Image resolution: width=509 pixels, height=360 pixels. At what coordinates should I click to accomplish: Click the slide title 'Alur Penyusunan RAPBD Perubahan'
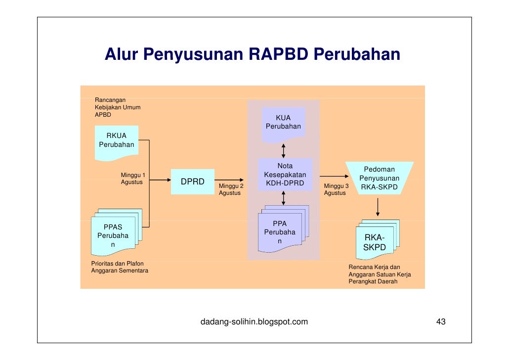pos(252,54)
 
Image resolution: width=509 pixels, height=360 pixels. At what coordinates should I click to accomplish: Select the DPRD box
pos(192,181)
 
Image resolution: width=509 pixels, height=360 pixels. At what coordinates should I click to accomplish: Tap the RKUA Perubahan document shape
pos(117,141)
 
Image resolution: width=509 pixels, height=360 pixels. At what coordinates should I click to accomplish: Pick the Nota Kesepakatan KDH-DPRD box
pos(285,175)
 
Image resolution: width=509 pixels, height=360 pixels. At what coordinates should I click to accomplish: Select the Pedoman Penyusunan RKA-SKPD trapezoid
pos(379,179)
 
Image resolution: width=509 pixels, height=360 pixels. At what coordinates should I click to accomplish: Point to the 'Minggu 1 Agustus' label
pos(133,179)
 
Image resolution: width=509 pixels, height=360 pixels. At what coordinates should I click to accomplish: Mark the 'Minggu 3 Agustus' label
pos(336,189)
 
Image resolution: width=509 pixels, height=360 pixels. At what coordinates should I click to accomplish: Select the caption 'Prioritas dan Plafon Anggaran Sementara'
pos(120,267)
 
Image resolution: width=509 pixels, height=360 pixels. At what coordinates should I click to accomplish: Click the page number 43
pos(440,322)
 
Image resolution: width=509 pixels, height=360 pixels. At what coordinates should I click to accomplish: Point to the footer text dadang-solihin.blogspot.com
pos(254,322)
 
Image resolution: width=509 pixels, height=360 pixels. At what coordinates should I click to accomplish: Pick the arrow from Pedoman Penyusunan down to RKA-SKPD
pos(378,207)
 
